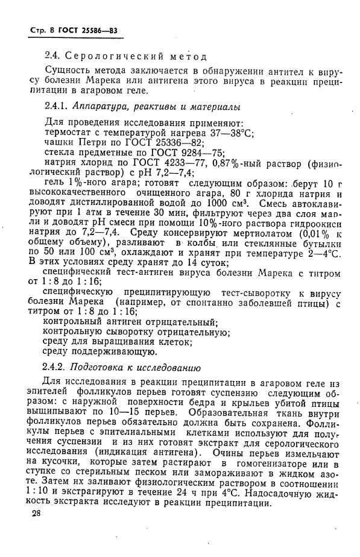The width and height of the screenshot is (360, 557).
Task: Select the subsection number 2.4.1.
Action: click(57, 107)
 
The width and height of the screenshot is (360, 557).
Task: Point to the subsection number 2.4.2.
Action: click(57, 367)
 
